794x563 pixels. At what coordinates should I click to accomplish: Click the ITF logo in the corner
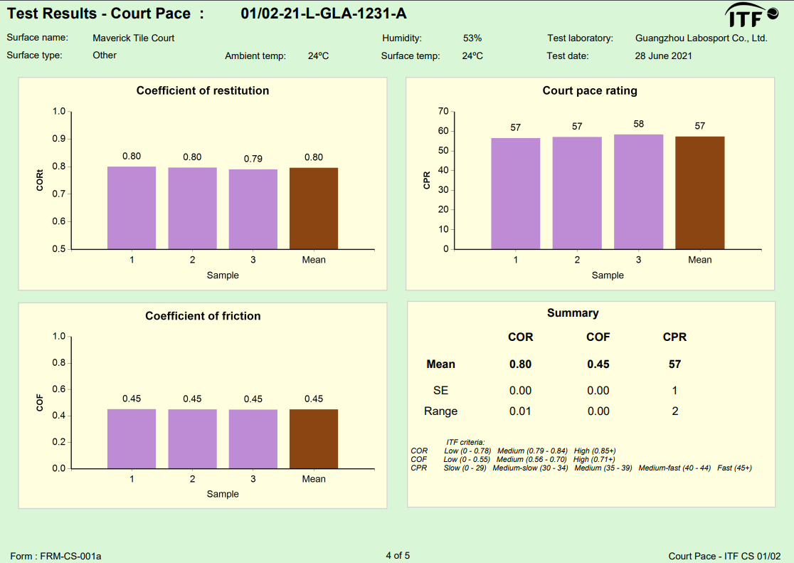(x=751, y=15)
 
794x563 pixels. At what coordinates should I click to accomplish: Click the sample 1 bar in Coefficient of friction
(x=132, y=438)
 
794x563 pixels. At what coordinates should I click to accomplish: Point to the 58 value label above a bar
(x=638, y=124)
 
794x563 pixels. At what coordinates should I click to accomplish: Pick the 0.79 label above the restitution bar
(x=253, y=159)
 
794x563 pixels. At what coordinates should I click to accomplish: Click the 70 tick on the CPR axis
(x=443, y=112)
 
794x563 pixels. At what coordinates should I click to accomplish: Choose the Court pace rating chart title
(x=590, y=90)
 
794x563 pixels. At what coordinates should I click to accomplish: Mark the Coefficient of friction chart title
(x=203, y=316)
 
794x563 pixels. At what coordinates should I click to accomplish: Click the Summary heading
(x=573, y=313)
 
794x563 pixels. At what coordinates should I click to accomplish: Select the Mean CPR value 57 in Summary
(x=674, y=364)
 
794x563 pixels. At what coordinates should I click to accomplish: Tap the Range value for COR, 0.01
(x=520, y=411)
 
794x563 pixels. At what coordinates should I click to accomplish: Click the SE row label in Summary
(x=440, y=390)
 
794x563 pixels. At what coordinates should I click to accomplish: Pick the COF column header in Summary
(x=598, y=337)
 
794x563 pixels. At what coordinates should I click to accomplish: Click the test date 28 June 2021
(x=663, y=56)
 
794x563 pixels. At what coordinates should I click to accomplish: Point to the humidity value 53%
(x=472, y=38)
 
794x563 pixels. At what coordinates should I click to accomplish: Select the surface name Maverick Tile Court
(x=133, y=38)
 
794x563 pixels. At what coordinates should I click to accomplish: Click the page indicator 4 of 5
(x=398, y=555)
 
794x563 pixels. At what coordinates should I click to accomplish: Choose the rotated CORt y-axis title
(x=41, y=181)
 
